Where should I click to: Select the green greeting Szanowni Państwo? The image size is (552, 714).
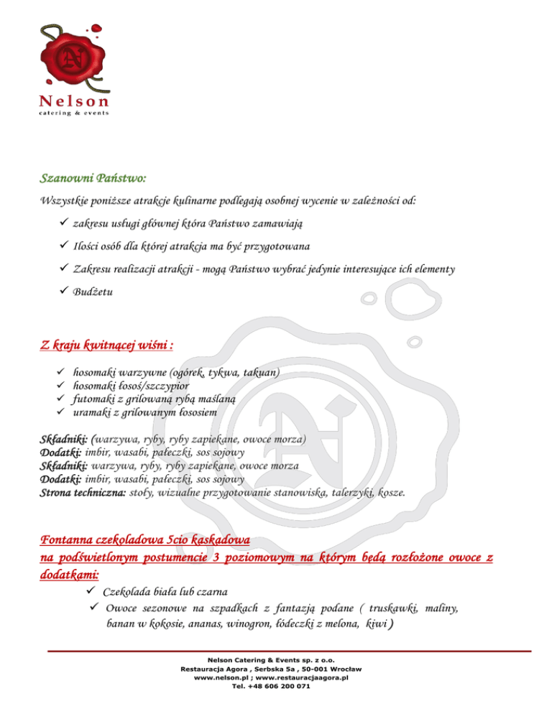(x=93, y=176)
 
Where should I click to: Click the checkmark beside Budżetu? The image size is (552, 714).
(x=63, y=292)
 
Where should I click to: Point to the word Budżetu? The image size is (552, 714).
(x=94, y=292)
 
